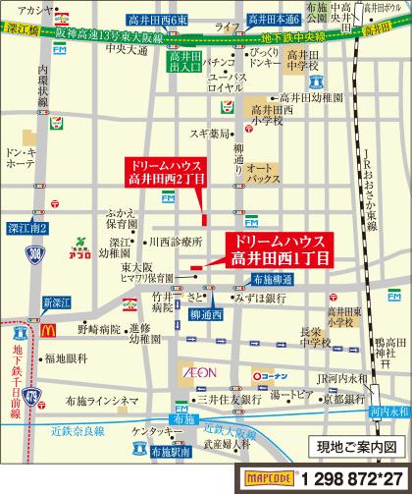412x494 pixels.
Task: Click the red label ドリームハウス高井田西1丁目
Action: (x=278, y=249)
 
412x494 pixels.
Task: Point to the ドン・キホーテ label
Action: (x=21, y=160)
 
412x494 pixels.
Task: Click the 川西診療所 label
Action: (x=173, y=240)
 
